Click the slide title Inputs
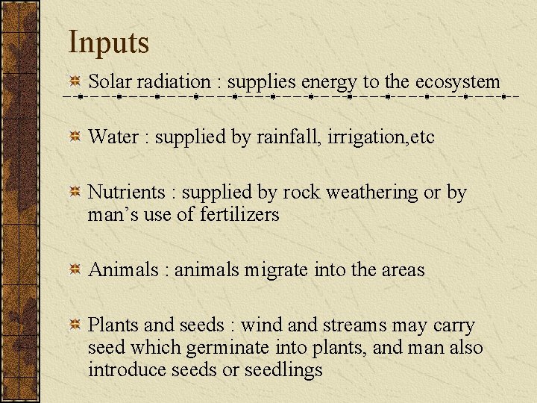[109, 43]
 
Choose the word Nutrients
[126, 192]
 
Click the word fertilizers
[239, 215]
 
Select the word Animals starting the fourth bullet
[123, 269]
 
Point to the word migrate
[277, 270]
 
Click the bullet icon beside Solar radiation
[75, 81]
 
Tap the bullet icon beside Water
[75, 137]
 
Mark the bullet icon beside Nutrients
[75, 192]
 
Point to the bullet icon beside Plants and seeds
[75, 325]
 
